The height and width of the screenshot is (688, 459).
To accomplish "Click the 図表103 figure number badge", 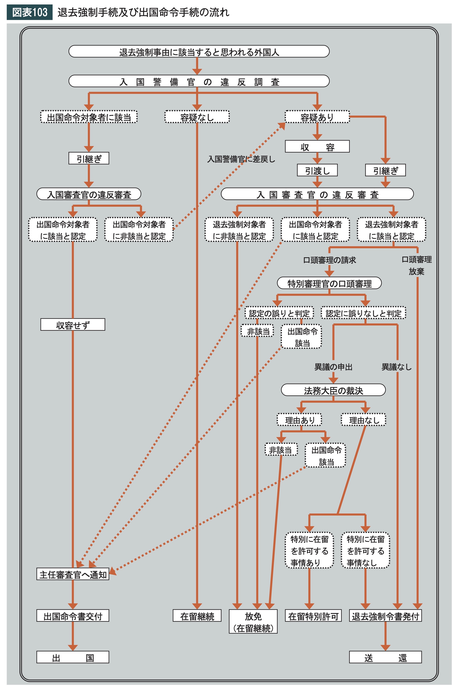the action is point(30,12).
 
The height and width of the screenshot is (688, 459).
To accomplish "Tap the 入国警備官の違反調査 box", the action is point(199,81).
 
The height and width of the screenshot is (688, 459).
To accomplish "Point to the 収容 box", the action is point(317,146).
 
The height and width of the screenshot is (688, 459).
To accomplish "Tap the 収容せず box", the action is point(73,325).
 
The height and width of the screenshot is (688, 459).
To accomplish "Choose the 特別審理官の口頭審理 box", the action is point(329,283).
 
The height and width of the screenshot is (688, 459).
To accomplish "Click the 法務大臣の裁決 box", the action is point(333,390).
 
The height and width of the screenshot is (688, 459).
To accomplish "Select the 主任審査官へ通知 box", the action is point(73,574).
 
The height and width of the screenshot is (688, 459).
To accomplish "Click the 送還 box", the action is point(386,657).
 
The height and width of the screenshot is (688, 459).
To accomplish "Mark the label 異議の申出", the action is point(333,367).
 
